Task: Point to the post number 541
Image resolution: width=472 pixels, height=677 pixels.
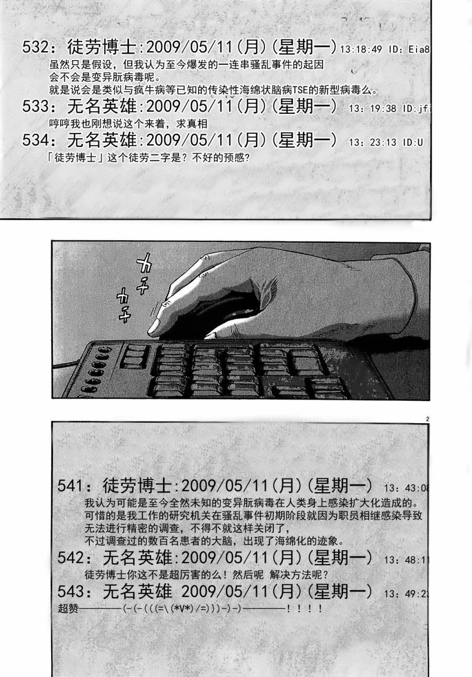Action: [x=75, y=486]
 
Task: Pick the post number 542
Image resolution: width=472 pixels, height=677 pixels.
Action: [x=75, y=558]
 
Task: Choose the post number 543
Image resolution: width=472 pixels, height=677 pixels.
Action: [x=75, y=592]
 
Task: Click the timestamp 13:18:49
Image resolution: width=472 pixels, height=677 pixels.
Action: [x=361, y=50]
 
